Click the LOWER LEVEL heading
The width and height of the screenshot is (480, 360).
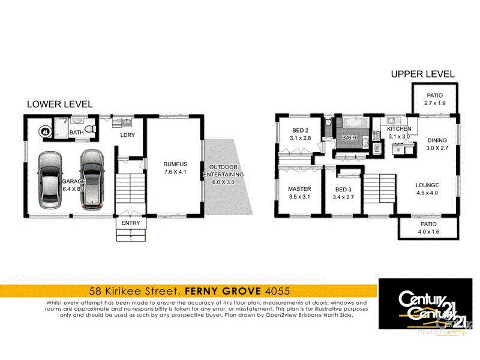point(60,104)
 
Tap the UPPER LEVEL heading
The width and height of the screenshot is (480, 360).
point(422,74)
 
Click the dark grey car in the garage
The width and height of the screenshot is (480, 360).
point(93,180)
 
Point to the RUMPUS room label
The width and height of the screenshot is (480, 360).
point(175,164)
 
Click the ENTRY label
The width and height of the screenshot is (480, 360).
point(130,223)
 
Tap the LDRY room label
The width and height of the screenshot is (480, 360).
point(127,135)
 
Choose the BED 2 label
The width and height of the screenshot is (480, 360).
point(300,131)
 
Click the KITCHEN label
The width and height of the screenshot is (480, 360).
point(398,129)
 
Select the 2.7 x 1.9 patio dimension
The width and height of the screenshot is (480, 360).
point(434,104)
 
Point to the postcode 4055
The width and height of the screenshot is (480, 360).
point(277,291)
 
